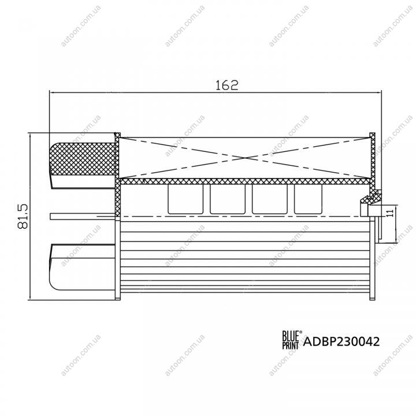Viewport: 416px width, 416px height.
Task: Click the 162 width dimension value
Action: tap(226, 85)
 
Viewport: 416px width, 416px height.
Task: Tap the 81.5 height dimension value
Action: tap(23, 216)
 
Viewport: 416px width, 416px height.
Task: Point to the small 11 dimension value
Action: tap(390, 213)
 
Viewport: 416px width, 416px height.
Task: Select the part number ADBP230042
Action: tap(341, 341)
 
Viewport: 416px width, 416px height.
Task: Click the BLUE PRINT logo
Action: tap(291, 340)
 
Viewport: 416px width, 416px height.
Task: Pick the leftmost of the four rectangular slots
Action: tap(185, 199)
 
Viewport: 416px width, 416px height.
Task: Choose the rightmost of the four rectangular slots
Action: tap(308, 199)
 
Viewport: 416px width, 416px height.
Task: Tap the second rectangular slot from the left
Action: tap(228, 199)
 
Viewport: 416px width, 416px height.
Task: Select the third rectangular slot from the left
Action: tap(270, 199)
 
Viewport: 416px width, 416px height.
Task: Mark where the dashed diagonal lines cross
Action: tap(246, 158)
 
